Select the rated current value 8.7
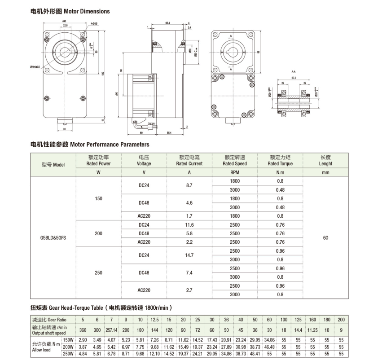189,185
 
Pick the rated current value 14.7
189,255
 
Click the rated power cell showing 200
99,234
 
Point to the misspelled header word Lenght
326,164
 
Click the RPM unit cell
235,172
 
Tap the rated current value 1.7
189,216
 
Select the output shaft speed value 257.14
111,330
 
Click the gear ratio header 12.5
154,320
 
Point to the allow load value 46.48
269,347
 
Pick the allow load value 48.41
255,354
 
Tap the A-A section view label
293,72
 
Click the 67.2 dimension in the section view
293,77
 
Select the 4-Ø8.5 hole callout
94,23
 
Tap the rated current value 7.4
189,273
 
